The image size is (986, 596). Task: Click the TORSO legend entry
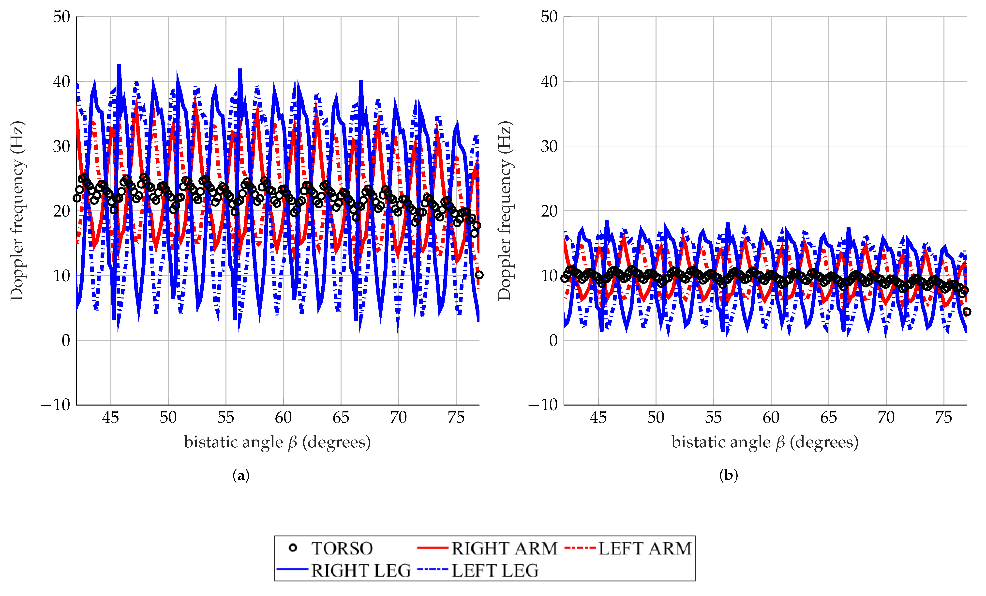342,548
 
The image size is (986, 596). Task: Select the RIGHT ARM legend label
504,548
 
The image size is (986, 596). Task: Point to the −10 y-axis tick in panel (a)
56,405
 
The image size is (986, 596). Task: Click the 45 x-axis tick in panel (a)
110,418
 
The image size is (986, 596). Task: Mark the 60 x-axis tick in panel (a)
283,418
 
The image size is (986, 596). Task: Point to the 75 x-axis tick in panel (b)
943,418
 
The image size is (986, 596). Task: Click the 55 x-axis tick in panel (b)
713,418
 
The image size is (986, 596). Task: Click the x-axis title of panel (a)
277,442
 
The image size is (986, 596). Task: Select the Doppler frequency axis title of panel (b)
505,210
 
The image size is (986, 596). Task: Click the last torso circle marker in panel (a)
479,275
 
